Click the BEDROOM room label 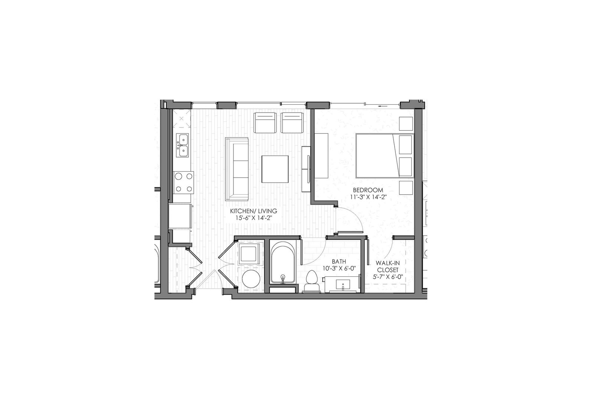368,190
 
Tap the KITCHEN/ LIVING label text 254,211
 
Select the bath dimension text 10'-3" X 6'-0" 339,268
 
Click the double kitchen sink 183,145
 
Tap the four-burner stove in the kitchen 184,182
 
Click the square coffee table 275,169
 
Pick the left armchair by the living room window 265,123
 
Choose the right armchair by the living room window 292,123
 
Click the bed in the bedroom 385,156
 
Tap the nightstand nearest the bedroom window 406,124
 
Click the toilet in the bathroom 311,282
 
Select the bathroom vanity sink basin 343,284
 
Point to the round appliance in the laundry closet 251,279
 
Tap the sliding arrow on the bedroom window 383,106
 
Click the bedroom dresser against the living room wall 322,156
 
